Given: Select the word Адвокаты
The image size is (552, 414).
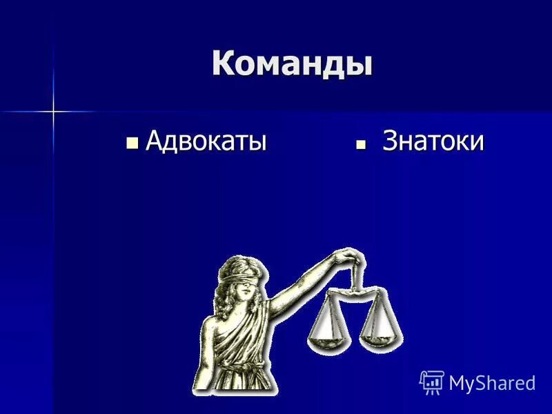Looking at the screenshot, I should click(206, 141).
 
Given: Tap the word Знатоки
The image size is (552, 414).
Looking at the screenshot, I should click(433, 141).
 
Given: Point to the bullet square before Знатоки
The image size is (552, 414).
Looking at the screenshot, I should click(360, 144).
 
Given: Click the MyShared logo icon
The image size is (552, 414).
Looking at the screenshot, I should click(431, 382).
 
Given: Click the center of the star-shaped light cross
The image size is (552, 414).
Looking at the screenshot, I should click(52, 110).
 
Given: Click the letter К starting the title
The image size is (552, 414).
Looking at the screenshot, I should click(222, 63).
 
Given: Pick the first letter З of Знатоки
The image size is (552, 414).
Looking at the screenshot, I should click(391, 141).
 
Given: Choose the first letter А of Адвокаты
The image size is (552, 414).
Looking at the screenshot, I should click(155, 141).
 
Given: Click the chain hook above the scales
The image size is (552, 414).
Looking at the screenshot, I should click(356, 276).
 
